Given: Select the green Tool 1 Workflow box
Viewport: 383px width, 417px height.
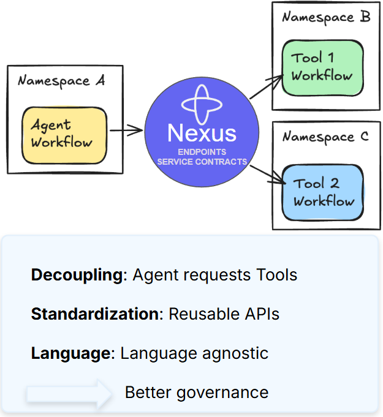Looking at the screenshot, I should coord(322,67).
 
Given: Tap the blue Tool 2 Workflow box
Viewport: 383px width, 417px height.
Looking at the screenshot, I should coord(323,192).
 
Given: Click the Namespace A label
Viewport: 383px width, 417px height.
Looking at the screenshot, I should coord(61,81).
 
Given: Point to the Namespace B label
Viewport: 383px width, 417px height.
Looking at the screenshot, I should coord(326,17).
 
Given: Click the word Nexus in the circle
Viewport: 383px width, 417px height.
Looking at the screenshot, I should coord(202,133).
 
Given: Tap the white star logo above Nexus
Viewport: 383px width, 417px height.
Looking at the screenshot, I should coord(202,103).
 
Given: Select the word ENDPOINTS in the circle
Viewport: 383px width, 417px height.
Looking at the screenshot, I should coord(202,152).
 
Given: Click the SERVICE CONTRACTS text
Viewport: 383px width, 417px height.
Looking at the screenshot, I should coord(202,162).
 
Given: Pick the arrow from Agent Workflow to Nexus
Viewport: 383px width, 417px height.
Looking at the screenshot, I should coord(126,130).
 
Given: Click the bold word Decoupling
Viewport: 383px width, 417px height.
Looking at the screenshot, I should coord(77,275).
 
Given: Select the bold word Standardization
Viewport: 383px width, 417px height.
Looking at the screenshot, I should coord(95,314).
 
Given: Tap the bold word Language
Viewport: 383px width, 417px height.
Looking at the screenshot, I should coord(70,353).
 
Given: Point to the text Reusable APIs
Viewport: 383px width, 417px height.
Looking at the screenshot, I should coord(224,314).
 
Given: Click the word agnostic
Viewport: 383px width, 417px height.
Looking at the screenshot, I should coord(240,353).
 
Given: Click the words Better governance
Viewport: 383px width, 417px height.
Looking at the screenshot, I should coord(196,393).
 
